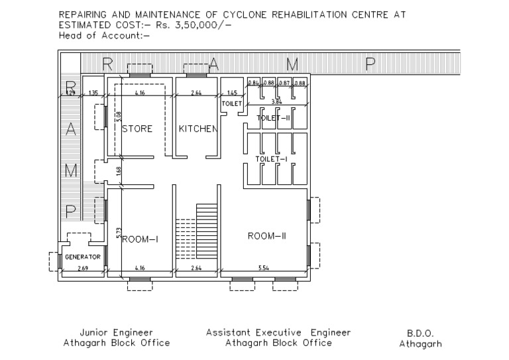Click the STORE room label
pyautogui.click(x=137, y=129)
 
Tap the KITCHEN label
pyautogui.click(x=198, y=129)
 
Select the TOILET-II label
pyautogui.click(x=274, y=117)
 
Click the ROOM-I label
pyautogui.click(x=139, y=240)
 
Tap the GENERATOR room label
pyautogui.click(x=82, y=256)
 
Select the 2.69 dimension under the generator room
pyautogui.click(x=83, y=269)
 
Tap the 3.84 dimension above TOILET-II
pyautogui.click(x=276, y=101)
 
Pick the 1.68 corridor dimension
pyautogui.click(x=119, y=171)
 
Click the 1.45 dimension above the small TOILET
pyautogui.click(x=232, y=93)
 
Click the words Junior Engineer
pyautogui.click(x=116, y=332)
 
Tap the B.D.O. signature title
pyautogui.click(x=420, y=333)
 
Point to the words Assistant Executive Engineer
pyautogui.click(x=278, y=332)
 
